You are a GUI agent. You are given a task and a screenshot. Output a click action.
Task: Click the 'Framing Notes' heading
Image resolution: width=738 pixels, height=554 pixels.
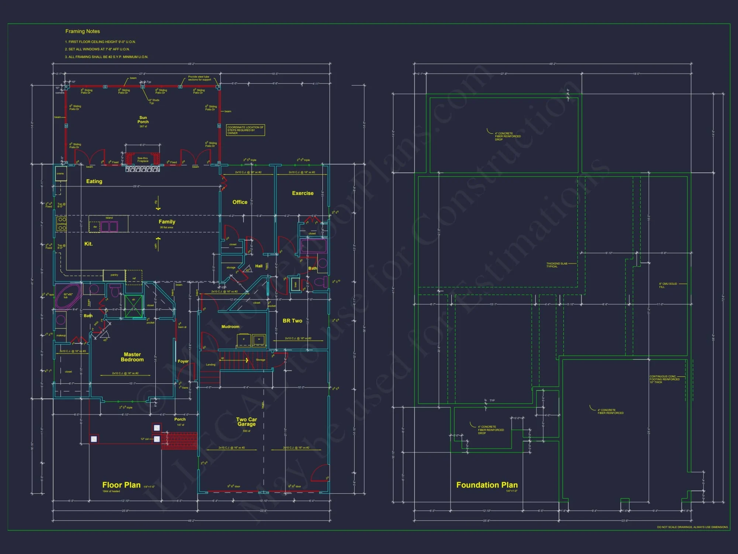pos(83,31)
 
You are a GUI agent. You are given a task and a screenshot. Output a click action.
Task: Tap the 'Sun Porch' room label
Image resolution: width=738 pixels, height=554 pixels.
pos(143,120)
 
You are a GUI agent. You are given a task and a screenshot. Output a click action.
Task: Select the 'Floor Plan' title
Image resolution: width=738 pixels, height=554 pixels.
pos(121,485)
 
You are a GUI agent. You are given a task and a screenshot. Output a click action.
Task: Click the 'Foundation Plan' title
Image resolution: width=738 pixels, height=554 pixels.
pos(487,485)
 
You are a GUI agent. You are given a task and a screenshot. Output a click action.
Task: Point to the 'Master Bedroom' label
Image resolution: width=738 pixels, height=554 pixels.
pos(132,357)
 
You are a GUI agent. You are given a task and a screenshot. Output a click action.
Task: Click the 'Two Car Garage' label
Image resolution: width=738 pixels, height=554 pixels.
pos(246,422)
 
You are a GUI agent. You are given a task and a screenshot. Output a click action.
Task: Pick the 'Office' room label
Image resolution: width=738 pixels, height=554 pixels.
pos(240,202)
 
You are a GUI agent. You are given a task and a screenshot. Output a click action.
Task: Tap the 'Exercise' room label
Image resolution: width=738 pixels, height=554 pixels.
pos(303,193)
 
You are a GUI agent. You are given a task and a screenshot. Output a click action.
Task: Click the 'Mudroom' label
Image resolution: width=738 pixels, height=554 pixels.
pos(230,327)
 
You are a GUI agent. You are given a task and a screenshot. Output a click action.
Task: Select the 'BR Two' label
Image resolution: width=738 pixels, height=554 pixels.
pos(292,321)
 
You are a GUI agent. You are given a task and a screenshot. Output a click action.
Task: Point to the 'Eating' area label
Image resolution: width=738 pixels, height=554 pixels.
pos(94,181)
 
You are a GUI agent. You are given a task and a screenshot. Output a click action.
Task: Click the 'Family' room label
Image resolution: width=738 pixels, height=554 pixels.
pos(167,222)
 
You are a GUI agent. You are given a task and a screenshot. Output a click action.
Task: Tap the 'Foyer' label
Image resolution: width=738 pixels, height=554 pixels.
pos(183,361)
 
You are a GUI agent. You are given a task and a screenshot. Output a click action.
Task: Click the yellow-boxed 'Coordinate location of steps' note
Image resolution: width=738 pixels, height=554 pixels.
pos(245,130)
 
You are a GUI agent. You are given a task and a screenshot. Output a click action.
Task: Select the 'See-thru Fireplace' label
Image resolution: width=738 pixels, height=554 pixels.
pos(143,160)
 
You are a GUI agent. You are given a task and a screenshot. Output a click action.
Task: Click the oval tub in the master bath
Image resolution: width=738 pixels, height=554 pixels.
pos(68,297)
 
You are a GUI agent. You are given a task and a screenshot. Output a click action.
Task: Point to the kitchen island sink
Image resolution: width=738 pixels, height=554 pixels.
pos(109,226)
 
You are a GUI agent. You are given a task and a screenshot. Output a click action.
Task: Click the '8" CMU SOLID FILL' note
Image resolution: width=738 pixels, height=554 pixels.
pos(668,285)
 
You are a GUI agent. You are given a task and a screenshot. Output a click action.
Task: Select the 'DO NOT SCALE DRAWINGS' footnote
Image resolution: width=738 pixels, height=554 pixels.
pos(692,527)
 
